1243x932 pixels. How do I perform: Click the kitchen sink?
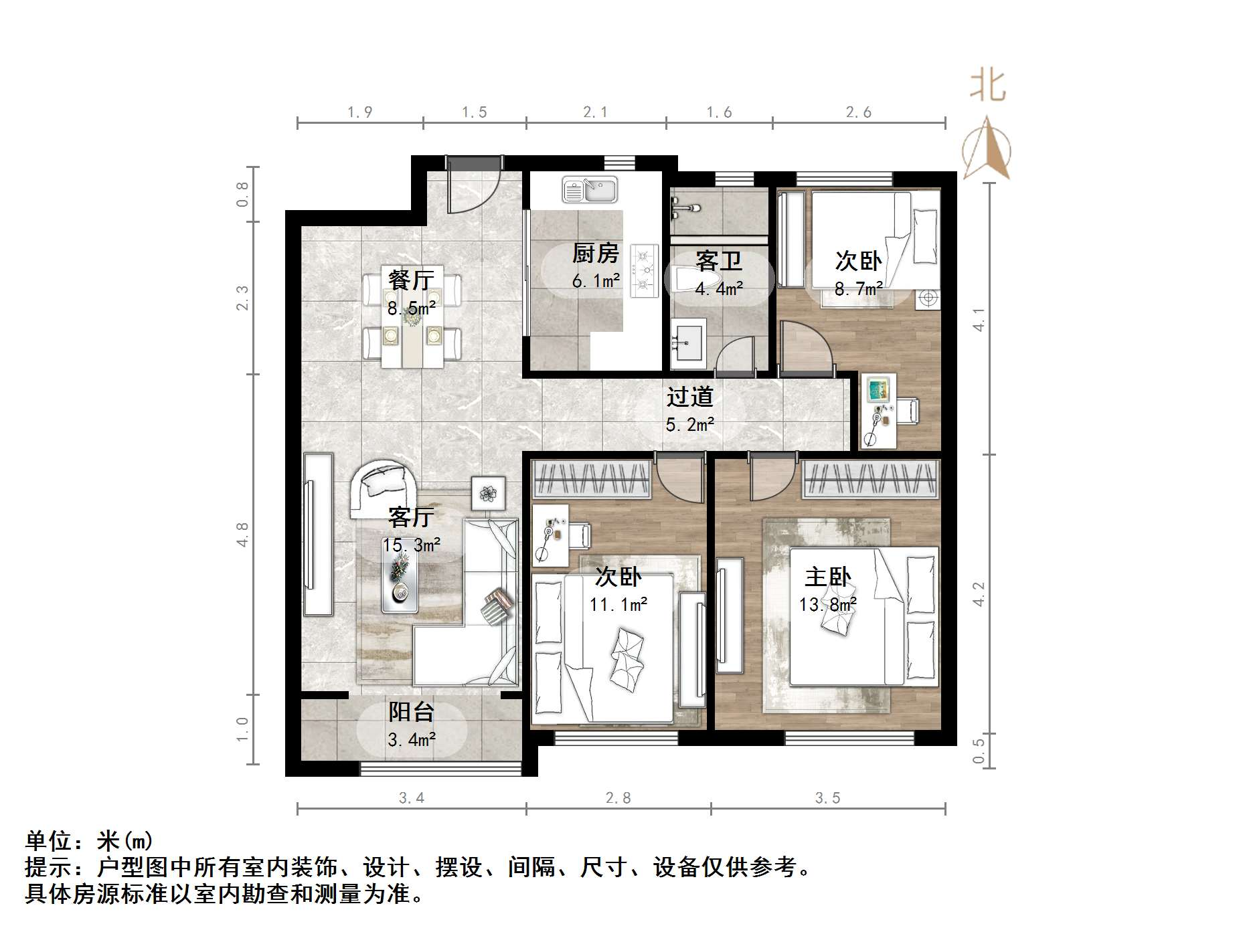pos(589,189)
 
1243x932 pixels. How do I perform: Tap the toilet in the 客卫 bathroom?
pos(690,280)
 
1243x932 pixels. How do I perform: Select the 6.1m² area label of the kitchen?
pos(595,281)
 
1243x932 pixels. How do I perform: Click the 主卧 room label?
pos(827,577)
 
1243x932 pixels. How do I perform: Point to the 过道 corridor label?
pos(689,397)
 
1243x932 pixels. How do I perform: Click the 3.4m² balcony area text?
pos(412,740)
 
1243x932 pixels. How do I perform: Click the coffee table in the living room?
pos(400,582)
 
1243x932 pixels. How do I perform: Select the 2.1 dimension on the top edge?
pos(595,112)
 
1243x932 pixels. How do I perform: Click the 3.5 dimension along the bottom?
pos(827,798)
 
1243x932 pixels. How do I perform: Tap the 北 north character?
pos(988,86)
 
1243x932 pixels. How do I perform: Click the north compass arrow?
pos(987,149)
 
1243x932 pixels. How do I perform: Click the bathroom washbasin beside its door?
pos(687,342)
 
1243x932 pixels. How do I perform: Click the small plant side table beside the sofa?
pos(488,494)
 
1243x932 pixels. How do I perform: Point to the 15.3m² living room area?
pos(411,545)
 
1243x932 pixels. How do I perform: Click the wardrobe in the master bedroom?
pos(870,479)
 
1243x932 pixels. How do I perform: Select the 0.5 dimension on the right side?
pos(979,751)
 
